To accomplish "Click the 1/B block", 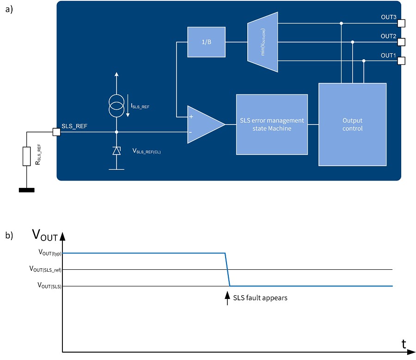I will pyautogui.click(x=206, y=42).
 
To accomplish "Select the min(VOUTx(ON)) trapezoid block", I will pyautogui.click(x=263, y=42).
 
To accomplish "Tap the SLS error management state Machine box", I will pyautogui.click(x=272, y=124).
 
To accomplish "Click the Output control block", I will pyautogui.click(x=352, y=124).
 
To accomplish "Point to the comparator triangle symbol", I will pyautogui.click(x=203, y=124).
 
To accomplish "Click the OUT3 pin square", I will pyautogui.click(x=401, y=23).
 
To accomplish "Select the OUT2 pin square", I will pyautogui.click(x=401, y=42).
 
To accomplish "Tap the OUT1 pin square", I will pyautogui.click(x=401, y=61).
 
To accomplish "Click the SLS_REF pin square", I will pyautogui.click(x=56, y=132).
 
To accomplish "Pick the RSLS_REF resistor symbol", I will pyautogui.click(x=27, y=156).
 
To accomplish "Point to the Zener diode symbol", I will pyautogui.click(x=116, y=151).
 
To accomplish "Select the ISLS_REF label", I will pyautogui.click(x=141, y=106).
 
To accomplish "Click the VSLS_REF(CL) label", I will pyautogui.click(x=147, y=151).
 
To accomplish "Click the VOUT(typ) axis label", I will pyautogui.click(x=49, y=254).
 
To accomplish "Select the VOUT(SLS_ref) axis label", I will pyautogui.click(x=45, y=269).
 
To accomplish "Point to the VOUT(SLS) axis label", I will pyautogui.click(x=49, y=286).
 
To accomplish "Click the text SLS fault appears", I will pyautogui.click(x=260, y=298).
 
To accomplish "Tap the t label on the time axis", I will pyautogui.click(x=404, y=344).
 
